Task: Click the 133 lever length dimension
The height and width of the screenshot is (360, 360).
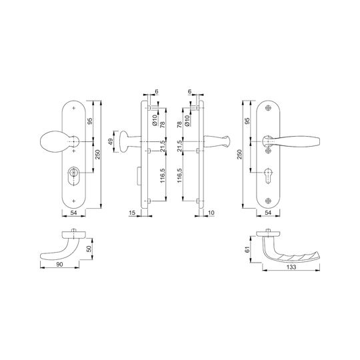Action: click(x=291, y=267)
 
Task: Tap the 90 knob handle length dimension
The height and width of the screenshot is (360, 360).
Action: click(x=59, y=265)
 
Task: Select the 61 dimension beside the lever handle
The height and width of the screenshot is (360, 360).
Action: click(x=247, y=249)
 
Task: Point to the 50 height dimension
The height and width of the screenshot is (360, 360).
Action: click(x=89, y=249)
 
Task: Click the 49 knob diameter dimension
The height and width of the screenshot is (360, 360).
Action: click(x=111, y=141)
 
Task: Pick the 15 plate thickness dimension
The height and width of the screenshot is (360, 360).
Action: click(x=132, y=213)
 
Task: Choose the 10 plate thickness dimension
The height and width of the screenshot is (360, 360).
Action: click(x=211, y=213)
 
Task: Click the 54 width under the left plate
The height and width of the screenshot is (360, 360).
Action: click(x=73, y=213)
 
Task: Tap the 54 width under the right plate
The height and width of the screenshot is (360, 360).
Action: click(x=268, y=213)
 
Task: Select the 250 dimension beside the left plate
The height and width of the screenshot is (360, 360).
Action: click(x=98, y=155)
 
